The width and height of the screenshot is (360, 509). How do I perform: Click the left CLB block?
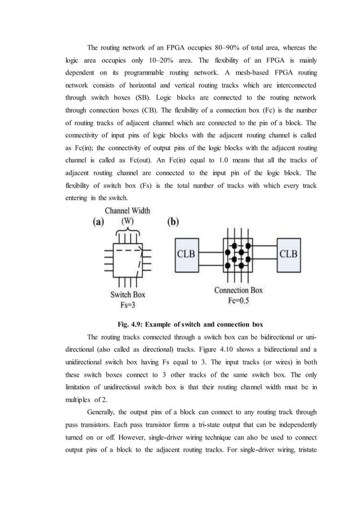tap(187, 253)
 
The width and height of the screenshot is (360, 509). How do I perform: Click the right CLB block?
tap(293, 253)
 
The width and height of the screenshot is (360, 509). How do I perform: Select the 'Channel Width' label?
tap(128, 210)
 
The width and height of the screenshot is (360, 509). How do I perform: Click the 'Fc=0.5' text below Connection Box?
tap(239, 300)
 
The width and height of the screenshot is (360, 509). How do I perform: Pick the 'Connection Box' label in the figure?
tap(239, 290)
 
